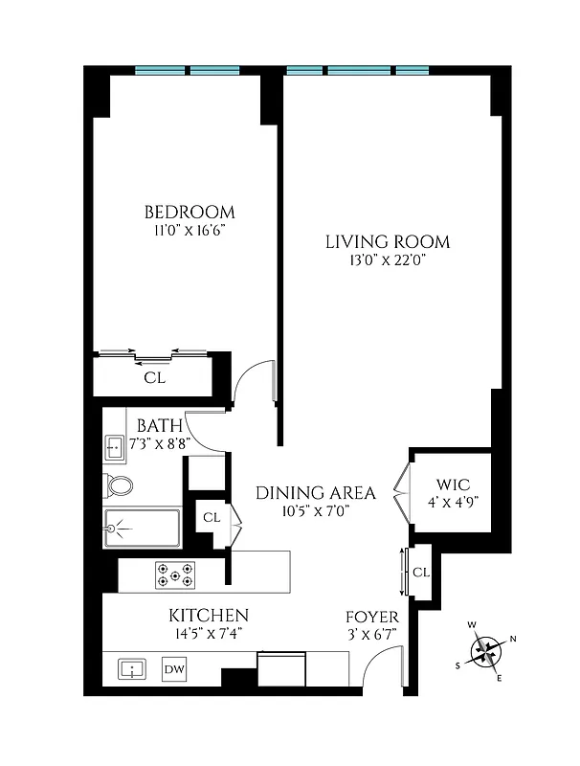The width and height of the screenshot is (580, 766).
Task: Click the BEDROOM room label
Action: pos(190,212)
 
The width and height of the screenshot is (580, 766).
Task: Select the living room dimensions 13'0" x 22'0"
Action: pos(387,261)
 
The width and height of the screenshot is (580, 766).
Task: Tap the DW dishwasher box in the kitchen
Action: pos(174,668)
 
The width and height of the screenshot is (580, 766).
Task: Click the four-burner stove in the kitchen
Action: pos(175,574)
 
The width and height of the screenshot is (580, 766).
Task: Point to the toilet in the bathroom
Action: pos(120,484)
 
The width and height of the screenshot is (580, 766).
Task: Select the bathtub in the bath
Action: pos(142,528)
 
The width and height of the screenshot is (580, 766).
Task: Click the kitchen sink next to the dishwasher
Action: pos(131,668)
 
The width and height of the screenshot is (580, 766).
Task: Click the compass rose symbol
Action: pos(489,651)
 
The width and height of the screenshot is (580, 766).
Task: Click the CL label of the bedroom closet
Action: pos(154,378)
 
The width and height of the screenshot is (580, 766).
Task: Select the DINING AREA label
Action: pos(315,493)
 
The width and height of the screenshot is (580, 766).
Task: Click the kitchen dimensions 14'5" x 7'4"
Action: pos(209,633)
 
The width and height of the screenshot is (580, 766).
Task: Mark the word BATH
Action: pos(154,424)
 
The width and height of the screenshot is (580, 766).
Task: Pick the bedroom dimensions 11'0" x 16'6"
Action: pos(190,231)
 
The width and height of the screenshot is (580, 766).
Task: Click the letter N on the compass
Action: pos(513,639)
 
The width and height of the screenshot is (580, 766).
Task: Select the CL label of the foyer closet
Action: pos(421,572)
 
